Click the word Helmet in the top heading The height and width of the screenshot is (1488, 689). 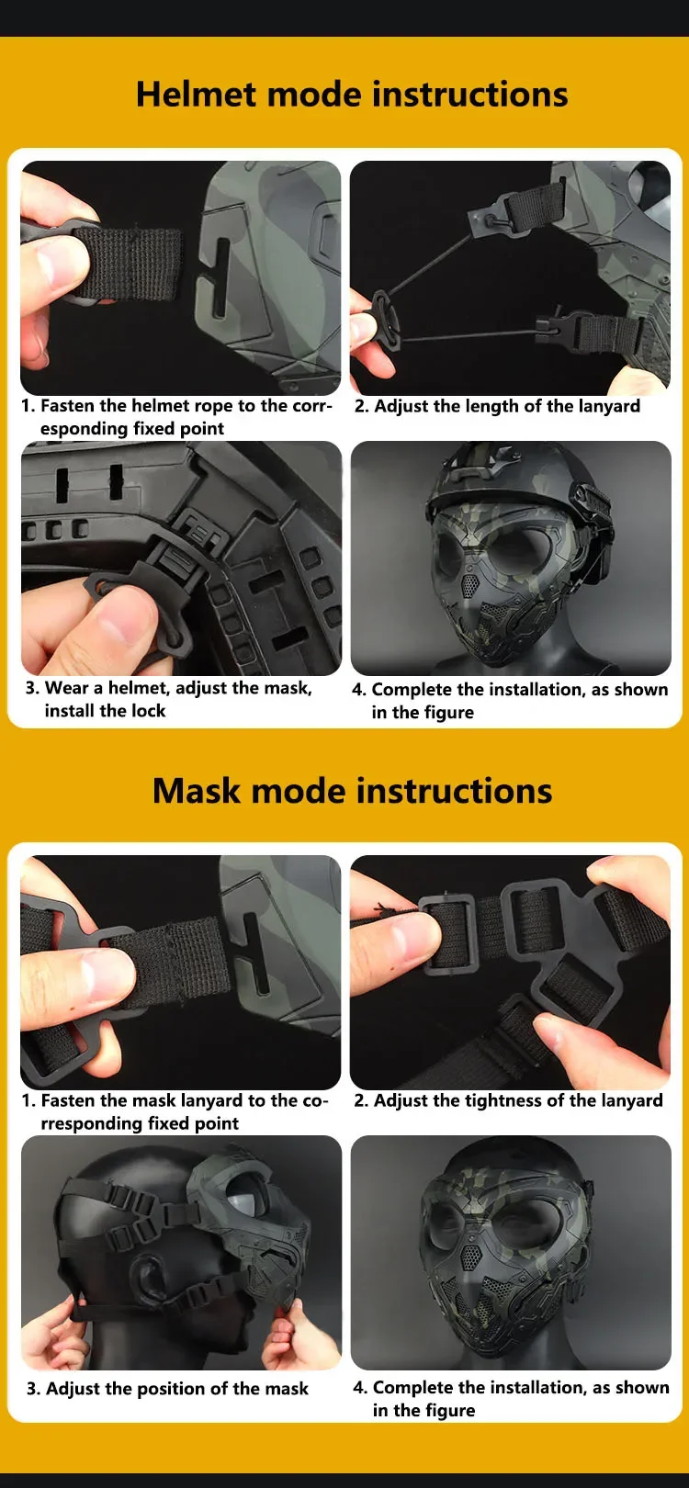point(196,94)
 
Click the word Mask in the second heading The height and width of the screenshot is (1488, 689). point(197,791)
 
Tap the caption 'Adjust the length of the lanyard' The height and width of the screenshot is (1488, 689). point(507,407)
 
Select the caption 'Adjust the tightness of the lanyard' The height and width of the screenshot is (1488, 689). point(518,1100)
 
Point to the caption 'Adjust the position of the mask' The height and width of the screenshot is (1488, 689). point(176,1389)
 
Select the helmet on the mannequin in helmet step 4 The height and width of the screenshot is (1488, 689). point(518,491)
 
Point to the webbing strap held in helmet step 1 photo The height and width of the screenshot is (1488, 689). point(126,263)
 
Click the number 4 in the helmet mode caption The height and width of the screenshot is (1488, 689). point(357,690)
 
